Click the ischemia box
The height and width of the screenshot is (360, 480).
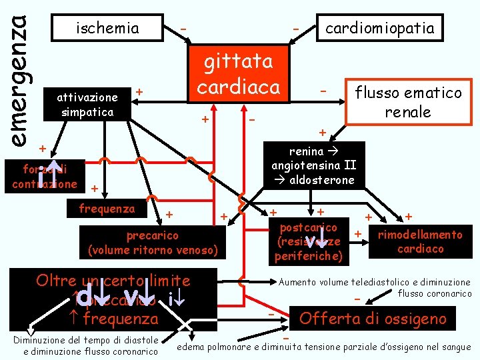pos(107,28)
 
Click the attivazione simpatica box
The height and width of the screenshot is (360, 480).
pos(88,105)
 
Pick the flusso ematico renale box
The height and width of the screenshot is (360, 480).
pos(408,102)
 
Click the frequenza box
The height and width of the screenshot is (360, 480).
pos(107,208)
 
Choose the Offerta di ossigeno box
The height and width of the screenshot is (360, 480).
pos(372,319)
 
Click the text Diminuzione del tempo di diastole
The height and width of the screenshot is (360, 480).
pos(85,340)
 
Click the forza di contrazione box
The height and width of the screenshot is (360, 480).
pos(44,176)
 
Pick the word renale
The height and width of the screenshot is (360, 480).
pos(408,111)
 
